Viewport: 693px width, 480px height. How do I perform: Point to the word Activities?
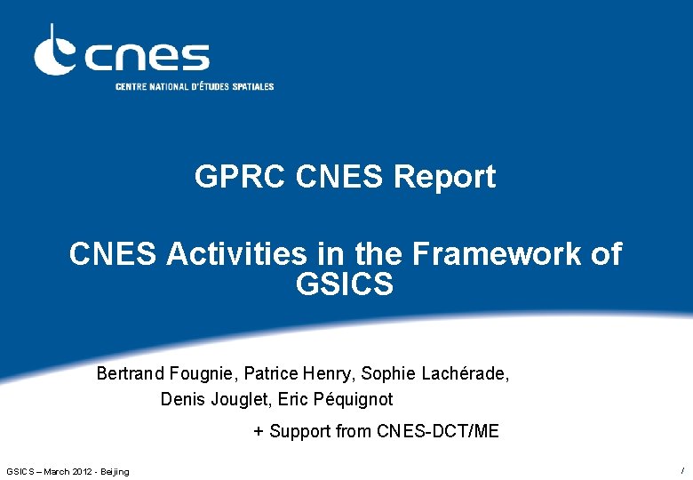[x=236, y=254]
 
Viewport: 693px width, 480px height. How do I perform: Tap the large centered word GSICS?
[x=346, y=285]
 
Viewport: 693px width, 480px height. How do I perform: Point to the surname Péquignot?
[x=354, y=400]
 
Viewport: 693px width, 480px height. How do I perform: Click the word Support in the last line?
[x=300, y=432]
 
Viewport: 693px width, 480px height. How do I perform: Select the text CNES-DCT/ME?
[x=438, y=432]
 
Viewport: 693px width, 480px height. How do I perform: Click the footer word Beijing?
[x=115, y=471]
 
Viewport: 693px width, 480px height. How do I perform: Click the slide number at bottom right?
[x=681, y=469]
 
